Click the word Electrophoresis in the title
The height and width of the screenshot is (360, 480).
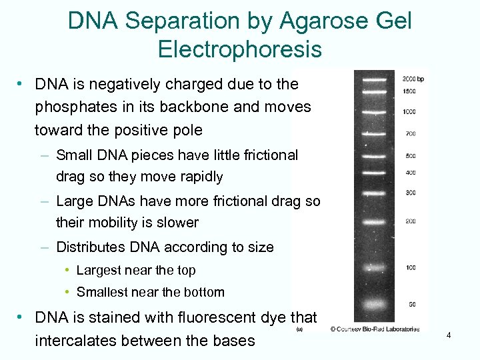[x=240, y=49]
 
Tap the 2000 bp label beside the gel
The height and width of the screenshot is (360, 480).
[x=414, y=79]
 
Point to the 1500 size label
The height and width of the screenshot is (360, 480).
[x=409, y=91]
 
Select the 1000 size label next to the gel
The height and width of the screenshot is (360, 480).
[x=409, y=111]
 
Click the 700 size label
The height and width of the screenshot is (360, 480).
[x=410, y=134]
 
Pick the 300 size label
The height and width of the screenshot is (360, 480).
[x=410, y=193]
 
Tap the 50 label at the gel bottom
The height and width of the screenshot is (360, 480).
[x=412, y=304]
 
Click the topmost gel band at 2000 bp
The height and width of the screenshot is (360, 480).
[x=374, y=80]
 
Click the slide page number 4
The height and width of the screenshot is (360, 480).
[x=449, y=335]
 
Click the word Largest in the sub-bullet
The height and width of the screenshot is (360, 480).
[x=95, y=271]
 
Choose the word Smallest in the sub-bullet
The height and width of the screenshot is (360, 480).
[x=99, y=292]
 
